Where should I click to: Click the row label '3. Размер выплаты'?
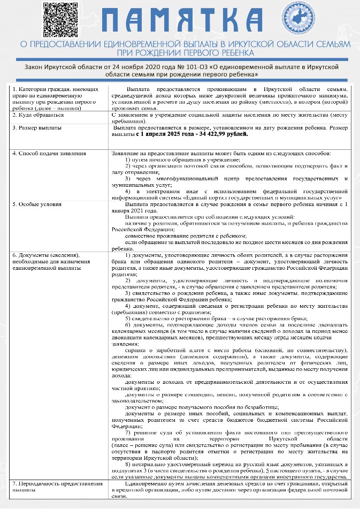(x=37, y=128)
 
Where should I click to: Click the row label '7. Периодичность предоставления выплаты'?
(x=57, y=486)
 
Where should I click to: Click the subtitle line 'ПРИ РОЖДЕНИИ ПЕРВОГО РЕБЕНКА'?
(x=180, y=53)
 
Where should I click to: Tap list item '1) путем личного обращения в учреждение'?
(x=182, y=160)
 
